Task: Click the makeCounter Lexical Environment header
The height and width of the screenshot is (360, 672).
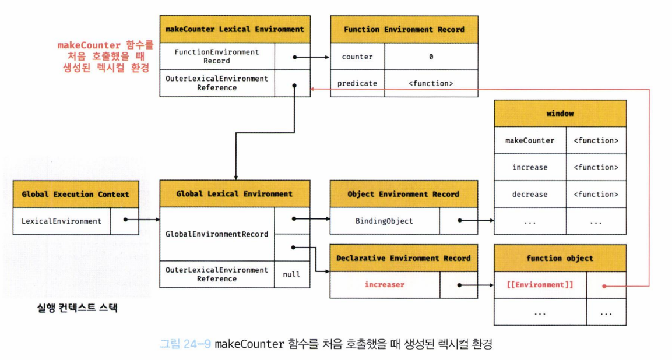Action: pyautogui.click(x=234, y=29)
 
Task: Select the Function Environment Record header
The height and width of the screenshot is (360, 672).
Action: pyautogui.click(x=404, y=29)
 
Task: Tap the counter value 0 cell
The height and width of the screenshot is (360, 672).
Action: pyautogui.click(x=431, y=57)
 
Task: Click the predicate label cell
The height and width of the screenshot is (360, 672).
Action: pyautogui.click(x=357, y=83)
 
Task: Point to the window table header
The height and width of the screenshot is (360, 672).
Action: pyautogui.click(x=560, y=114)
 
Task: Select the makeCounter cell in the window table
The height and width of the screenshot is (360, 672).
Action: pyautogui.click(x=530, y=140)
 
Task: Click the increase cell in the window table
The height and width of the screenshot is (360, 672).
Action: pyautogui.click(x=530, y=167)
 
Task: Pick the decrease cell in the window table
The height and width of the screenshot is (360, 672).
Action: pyautogui.click(x=530, y=194)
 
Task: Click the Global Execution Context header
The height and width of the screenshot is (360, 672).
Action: pyautogui.click(x=75, y=194)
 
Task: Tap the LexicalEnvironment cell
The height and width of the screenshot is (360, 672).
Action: pyautogui.click(x=61, y=221)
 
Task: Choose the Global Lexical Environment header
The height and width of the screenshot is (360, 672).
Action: pyautogui.click(x=234, y=194)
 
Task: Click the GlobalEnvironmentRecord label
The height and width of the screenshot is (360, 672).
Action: pyautogui.click(x=217, y=234)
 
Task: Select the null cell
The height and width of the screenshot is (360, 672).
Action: pyautogui.click(x=291, y=274)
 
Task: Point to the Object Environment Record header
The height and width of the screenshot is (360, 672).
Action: pyautogui.click(x=403, y=194)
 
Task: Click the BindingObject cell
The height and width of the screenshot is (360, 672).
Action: pyautogui.click(x=384, y=221)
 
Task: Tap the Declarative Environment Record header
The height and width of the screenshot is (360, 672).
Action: pyautogui.click(x=403, y=258)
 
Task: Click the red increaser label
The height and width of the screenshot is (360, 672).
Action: pyautogui.click(x=384, y=285)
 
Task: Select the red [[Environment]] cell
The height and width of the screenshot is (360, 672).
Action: pyautogui.click(x=539, y=285)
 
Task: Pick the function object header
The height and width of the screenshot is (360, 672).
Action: pyautogui.click(x=560, y=258)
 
